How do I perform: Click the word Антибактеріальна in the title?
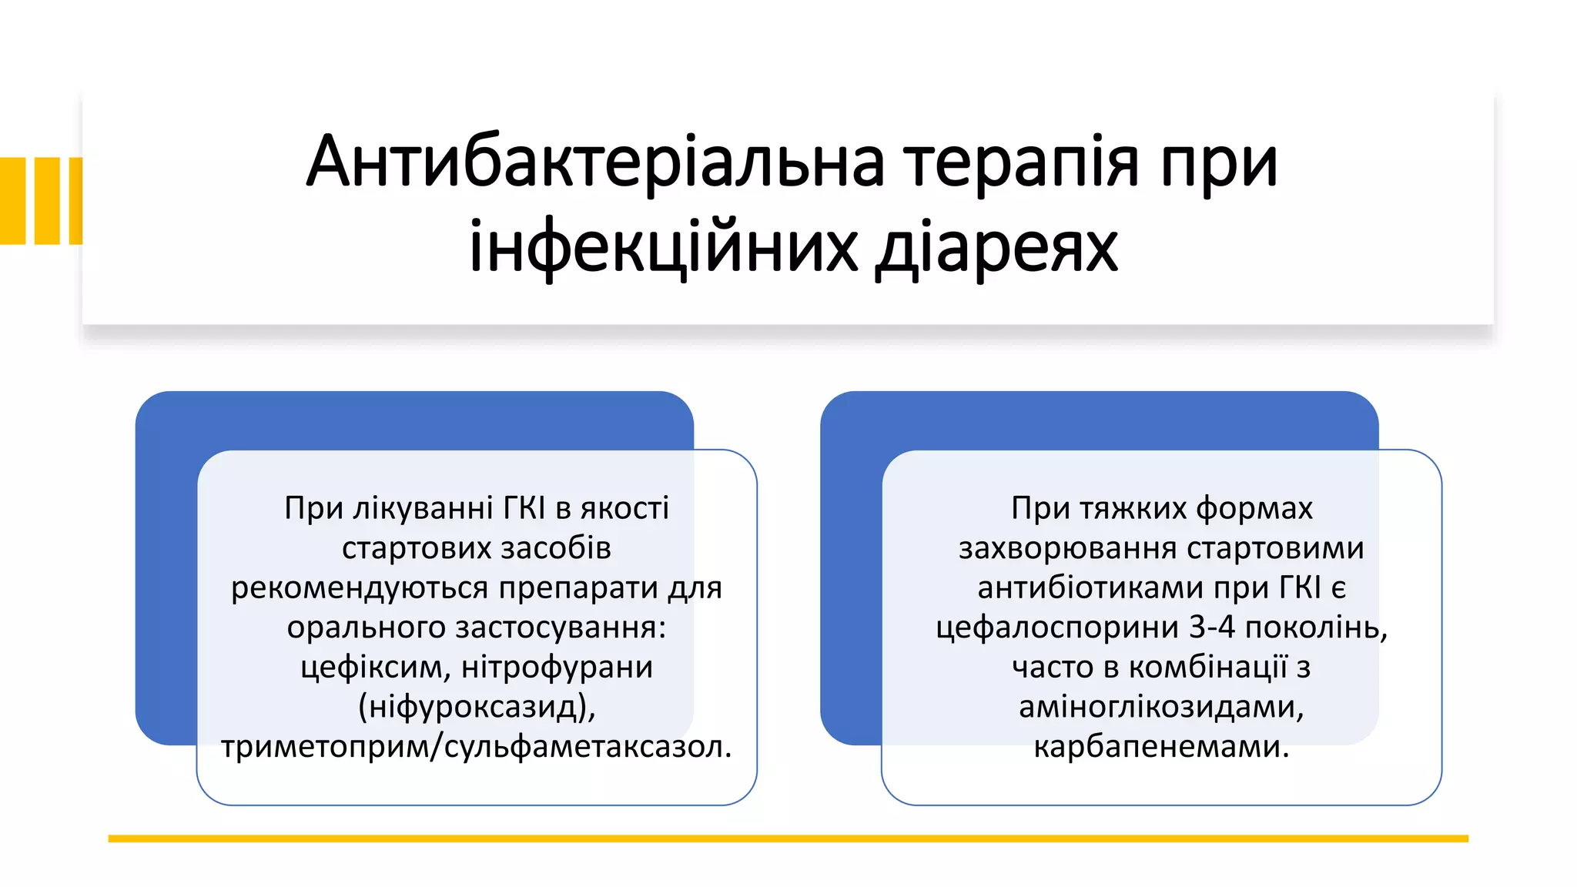[595, 162]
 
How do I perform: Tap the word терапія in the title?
[1021, 162]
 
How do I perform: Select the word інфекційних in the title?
[663, 248]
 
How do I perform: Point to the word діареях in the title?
[996, 248]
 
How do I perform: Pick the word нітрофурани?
[557, 667]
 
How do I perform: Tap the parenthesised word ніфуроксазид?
[477, 707]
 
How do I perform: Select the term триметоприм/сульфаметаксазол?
[475, 747]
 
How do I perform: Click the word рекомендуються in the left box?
[360, 587]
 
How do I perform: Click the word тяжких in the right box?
[1133, 508]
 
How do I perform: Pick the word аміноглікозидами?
[1161, 707]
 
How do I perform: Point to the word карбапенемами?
[1160, 747]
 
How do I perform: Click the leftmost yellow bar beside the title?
[12, 200]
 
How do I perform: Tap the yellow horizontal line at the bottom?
[788, 838]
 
